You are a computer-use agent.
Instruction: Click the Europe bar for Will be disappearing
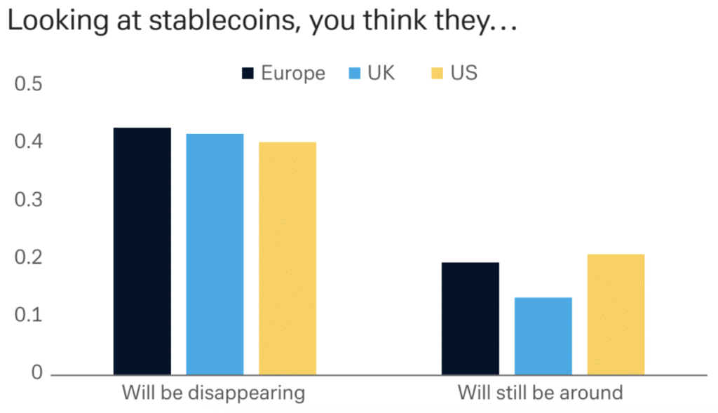[x=142, y=251]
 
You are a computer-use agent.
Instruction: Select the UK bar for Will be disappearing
[x=215, y=254]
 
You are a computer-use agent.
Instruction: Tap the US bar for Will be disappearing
[x=287, y=258]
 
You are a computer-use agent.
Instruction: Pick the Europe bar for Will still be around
[x=470, y=318]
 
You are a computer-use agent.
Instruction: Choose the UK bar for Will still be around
[x=543, y=336]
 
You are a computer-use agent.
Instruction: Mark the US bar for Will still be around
[x=616, y=314]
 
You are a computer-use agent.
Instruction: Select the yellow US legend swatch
[x=438, y=74]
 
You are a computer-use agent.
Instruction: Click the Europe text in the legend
[x=293, y=74]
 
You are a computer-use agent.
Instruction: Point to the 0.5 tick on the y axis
[x=29, y=85]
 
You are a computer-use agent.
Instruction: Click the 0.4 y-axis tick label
[x=29, y=142]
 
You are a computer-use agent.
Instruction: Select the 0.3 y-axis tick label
[x=29, y=201]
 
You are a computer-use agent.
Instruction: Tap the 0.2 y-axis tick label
[x=29, y=258]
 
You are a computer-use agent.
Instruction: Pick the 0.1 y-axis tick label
[x=29, y=316]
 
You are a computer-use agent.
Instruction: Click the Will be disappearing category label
[x=213, y=393]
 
